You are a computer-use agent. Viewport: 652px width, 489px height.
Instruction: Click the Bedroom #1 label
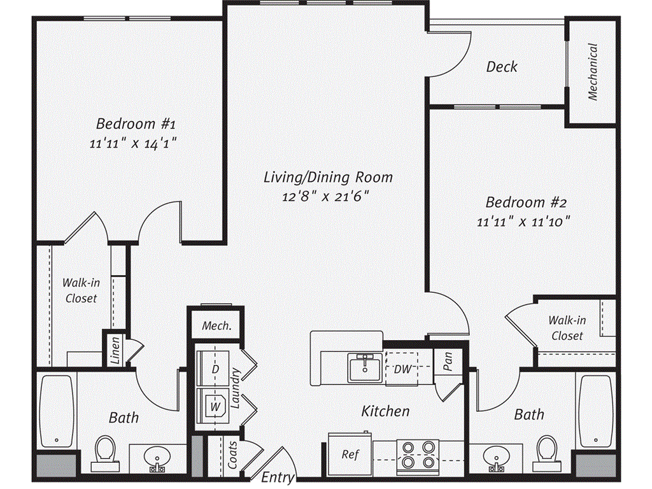point(131,123)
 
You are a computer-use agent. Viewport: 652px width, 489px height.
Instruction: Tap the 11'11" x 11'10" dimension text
point(523,222)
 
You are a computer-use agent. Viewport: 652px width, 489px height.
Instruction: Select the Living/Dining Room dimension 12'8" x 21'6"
point(326,196)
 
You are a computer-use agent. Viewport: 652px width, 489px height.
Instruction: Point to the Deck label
point(502,66)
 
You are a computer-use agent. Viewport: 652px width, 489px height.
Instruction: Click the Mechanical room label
point(593,71)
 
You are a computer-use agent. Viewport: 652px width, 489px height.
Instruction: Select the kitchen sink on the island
point(365,367)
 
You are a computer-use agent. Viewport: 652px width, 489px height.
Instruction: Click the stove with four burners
point(419,455)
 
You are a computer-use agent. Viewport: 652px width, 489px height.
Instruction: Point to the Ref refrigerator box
point(350,454)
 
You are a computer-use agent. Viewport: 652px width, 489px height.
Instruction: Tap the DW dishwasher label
point(402,369)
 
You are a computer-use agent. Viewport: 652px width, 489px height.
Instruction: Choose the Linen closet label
point(115,350)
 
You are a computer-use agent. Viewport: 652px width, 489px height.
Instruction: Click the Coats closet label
point(233,455)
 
